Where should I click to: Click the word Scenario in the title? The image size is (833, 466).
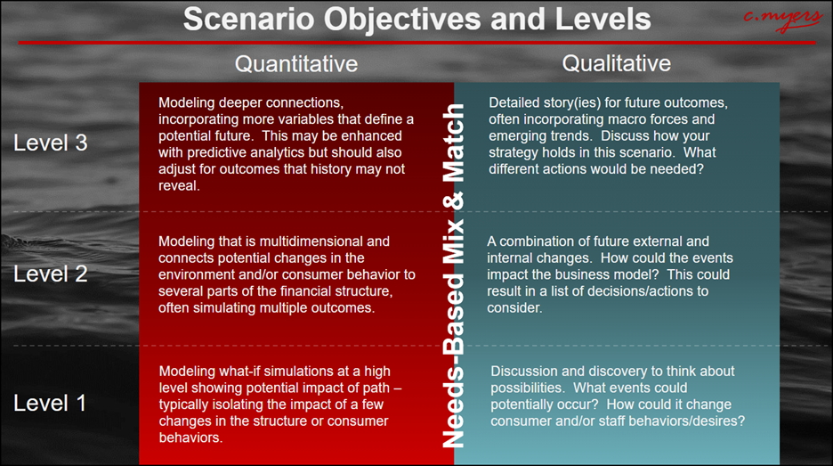click(x=249, y=19)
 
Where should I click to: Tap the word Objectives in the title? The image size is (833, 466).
click(x=402, y=20)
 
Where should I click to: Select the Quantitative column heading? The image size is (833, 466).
click(x=296, y=64)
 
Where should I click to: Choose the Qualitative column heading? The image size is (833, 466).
click(x=616, y=63)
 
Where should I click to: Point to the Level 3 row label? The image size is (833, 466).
click(x=51, y=143)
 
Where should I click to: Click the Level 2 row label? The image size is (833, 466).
click(x=51, y=274)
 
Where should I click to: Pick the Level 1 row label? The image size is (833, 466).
click(x=50, y=404)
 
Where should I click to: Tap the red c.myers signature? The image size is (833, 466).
click(x=783, y=19)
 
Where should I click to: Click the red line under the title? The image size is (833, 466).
click(x=417, y=43)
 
